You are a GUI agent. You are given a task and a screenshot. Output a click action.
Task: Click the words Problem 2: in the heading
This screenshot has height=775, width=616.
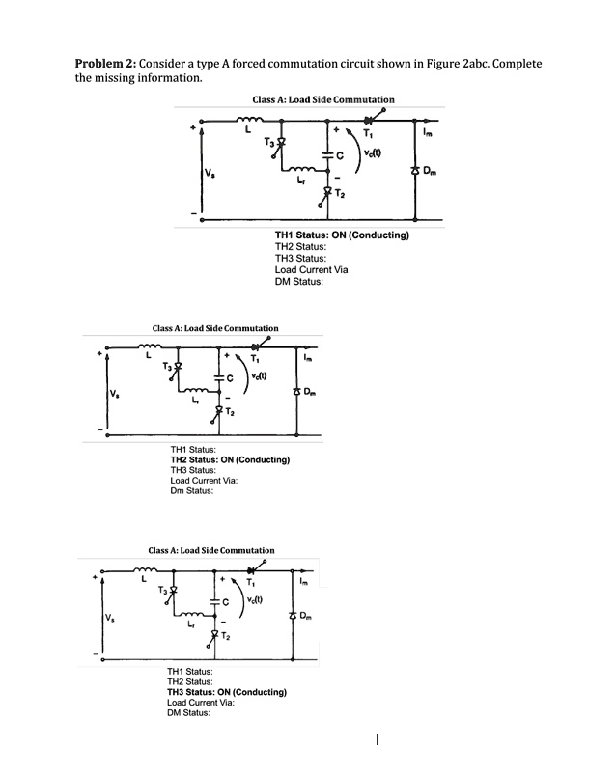click(x=106, y=63)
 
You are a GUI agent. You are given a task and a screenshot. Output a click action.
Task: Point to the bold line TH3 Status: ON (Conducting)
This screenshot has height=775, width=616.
click(x=226, y=692)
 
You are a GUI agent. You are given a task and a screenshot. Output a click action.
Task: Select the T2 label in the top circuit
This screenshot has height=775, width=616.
click(x=342, y=194)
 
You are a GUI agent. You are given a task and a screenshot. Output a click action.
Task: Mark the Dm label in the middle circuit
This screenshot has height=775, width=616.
click(x=309, y=393)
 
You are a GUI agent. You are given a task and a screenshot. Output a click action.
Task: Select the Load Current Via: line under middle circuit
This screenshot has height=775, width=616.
click(x=204, y=481)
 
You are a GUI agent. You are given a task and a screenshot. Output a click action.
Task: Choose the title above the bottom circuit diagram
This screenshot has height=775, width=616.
click(x=210, y=550)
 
